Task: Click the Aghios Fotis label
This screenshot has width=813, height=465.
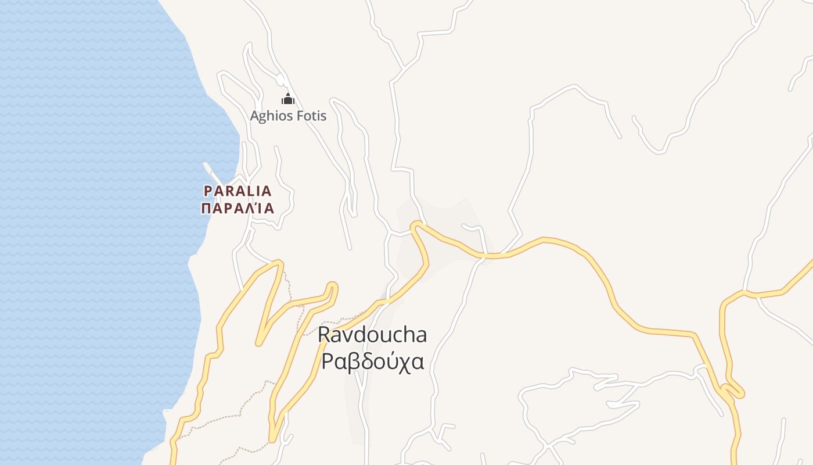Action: pyautogui.click(x=288, y=116)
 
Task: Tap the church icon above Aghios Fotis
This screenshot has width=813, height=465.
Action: pyautogui.click(x=288, y=99)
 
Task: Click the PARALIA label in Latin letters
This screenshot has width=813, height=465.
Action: pyautogui.click(x=238, y=191)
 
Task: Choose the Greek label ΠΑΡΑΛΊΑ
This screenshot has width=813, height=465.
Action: pyautogui.click(x=238, y=208)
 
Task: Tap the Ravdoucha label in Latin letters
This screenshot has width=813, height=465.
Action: pyautogui.click(x=372, y=335)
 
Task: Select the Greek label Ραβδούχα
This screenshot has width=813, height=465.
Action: pyautogui.click(x=372, y=362)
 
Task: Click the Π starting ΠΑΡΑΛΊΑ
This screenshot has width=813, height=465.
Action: pyautogui.click(x=206, y=208)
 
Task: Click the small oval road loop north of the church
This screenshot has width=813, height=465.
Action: pyautogui.click(x=280, y=80)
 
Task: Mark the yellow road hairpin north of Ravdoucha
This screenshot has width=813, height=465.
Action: pyautogui.click(x=416, y=225)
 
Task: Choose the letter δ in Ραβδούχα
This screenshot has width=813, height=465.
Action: pyautogui.click(x=362, y=362)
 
